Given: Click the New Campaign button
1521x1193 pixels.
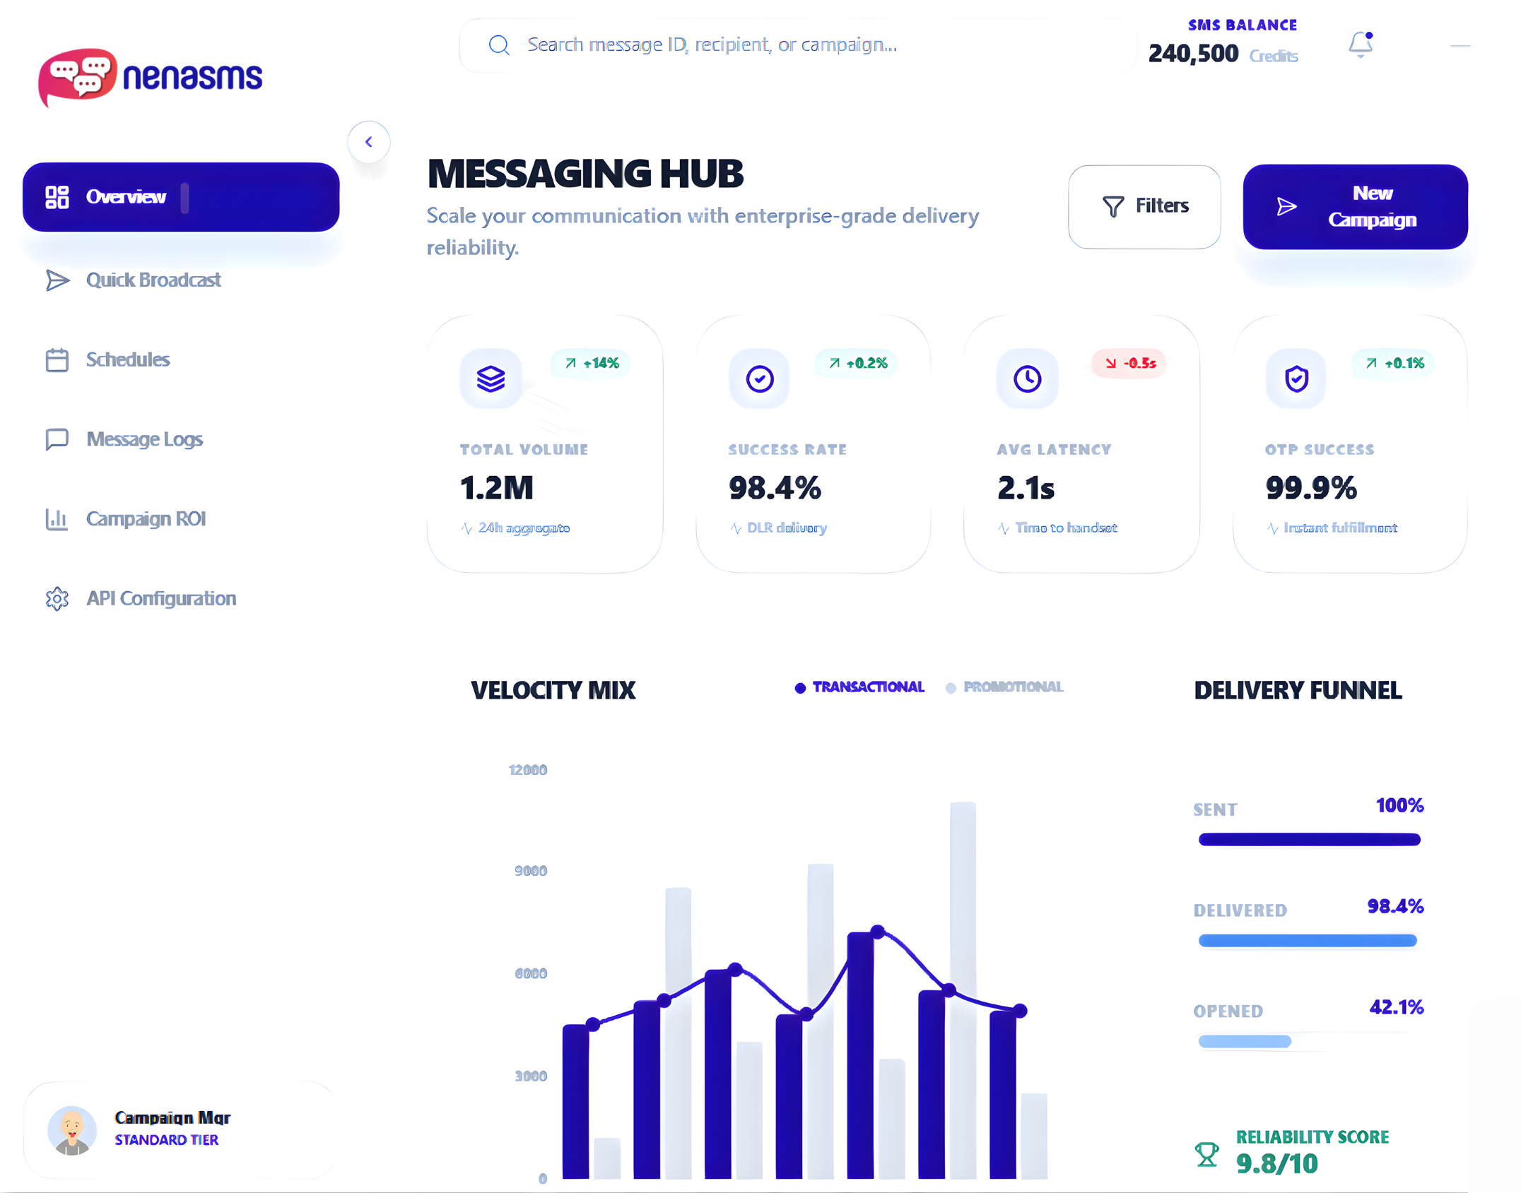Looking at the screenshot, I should point(1354,206).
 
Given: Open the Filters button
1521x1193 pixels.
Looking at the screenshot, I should point(1144,206).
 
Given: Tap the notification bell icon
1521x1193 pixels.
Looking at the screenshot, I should point(1360,45).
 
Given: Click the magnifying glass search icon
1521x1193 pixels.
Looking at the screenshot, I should point(499,45).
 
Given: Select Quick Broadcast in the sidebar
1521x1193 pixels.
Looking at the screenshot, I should point(153,280).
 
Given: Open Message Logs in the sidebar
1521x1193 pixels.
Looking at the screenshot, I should point(144,439).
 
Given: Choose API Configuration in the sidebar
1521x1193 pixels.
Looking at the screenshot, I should point(160,599).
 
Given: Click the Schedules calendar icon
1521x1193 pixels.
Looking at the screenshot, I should point(57,360).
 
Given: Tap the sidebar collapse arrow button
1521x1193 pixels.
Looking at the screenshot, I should point(368,142).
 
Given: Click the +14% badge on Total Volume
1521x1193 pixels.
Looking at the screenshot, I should point(592,363).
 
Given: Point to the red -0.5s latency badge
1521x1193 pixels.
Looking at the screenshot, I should point(1129,363).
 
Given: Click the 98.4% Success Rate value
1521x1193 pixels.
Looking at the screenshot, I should point(775,488).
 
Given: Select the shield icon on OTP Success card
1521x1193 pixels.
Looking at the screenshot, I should point(1296,379).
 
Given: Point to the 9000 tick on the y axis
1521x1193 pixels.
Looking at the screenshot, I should point(531,871).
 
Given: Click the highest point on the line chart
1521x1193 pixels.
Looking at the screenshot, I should point(877,932).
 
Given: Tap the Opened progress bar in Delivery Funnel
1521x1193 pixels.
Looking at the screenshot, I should point(1245,1041).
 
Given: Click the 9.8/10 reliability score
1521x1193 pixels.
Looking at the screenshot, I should point(1276,1163).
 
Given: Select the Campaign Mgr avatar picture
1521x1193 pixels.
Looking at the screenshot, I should point(72,1130).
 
